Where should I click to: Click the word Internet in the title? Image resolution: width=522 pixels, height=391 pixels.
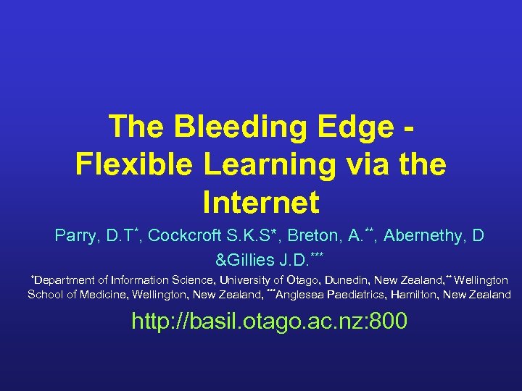click(x=261, y=203)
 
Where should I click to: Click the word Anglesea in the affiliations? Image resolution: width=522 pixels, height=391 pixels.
click(x=306, y=295)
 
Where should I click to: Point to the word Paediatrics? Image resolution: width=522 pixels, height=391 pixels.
click(x=368, y=295)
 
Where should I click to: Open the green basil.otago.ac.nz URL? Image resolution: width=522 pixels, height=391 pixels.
click(x=269, y=321)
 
